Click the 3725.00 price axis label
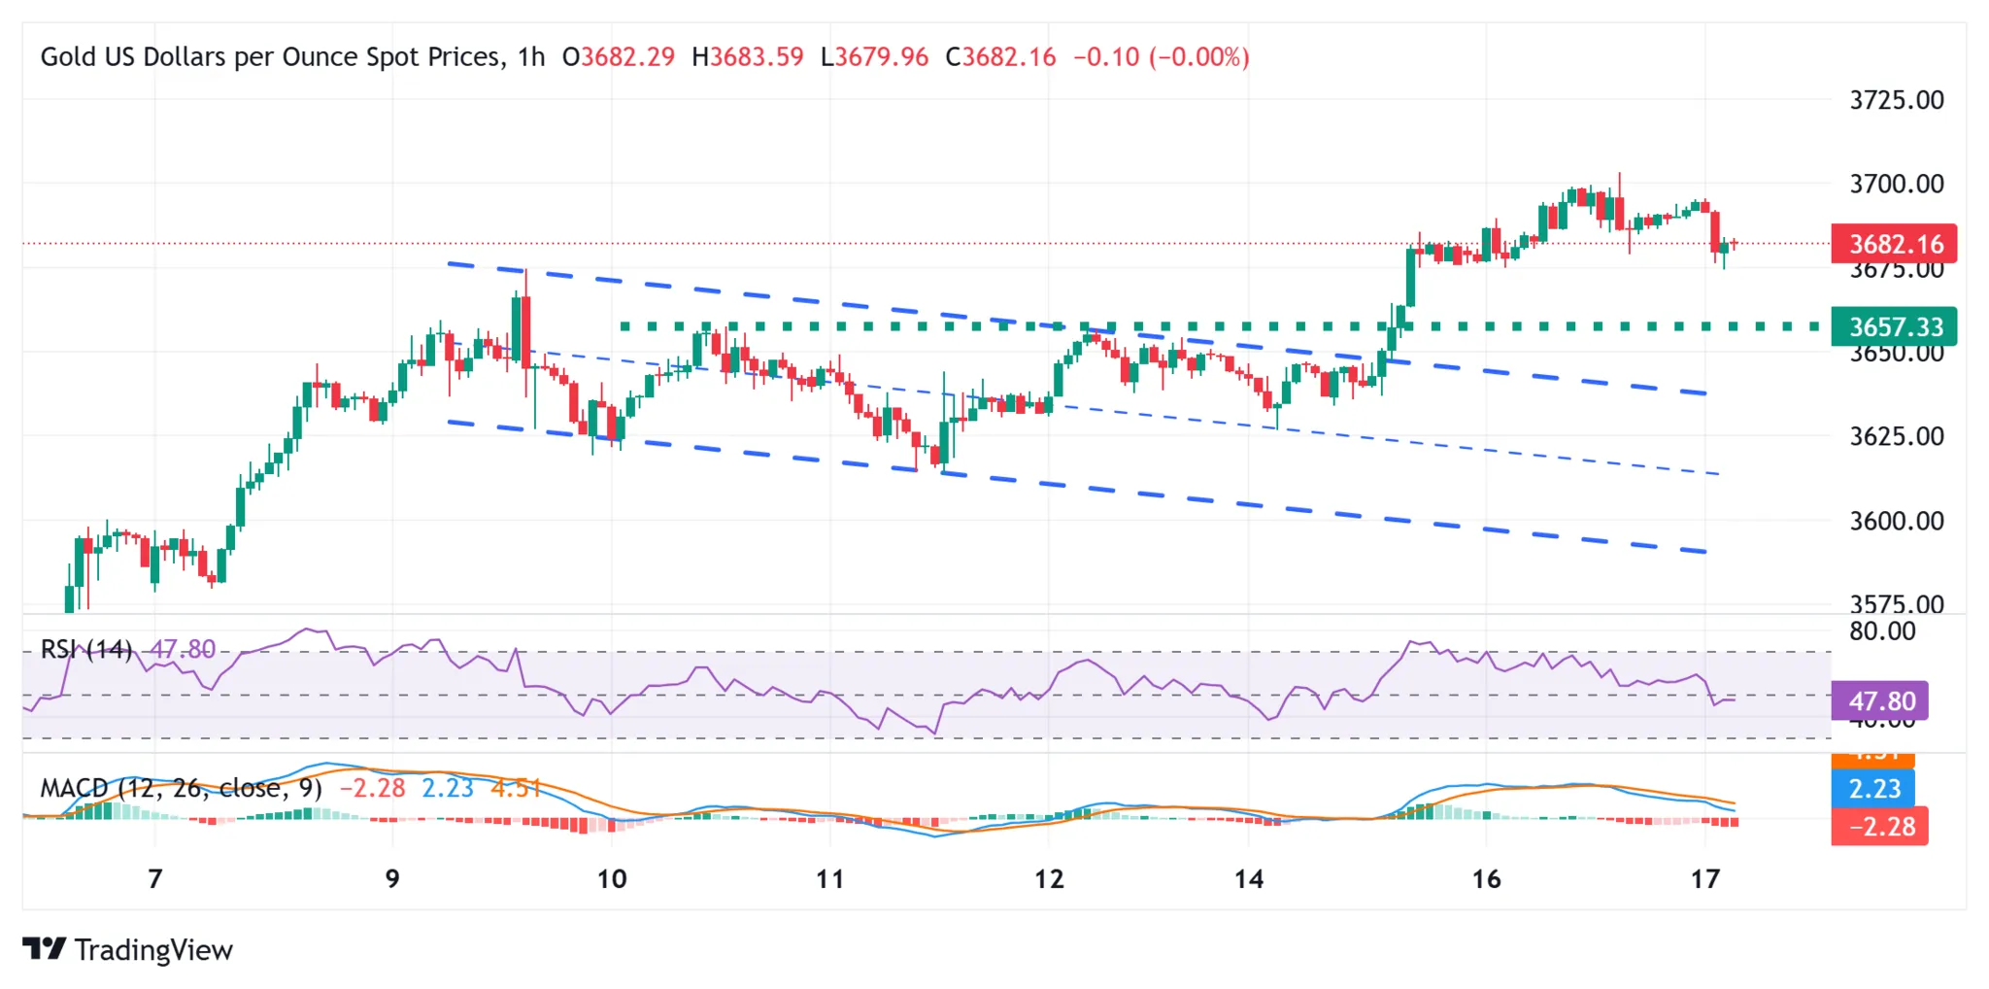click(x=1896, y=100)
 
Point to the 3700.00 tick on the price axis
click(x=1896, y=184)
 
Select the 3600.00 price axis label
click(x=1896, y=521)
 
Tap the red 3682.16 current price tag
click(x=1894, y=244)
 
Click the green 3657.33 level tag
click(x=1894, y=326)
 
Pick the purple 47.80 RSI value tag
click(x=1880, y=700)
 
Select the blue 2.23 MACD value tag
click(x=1873, y=788)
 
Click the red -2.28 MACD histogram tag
click(x=1880, y=827)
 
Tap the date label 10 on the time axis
click(x=611, y=879)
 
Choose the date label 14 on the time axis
click(x=1249, y=879)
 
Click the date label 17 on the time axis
click(x=1704, y=879)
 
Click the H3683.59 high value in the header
click(x=748, y=57)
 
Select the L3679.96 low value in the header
click(x=874, y=57)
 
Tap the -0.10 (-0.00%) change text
click(x=1161, y=57)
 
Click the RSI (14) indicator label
click(x=85, y=649)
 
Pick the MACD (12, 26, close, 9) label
click(x=181, y=788)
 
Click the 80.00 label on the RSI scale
click(x=1881, y=631)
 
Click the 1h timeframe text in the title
click(x=531, y=57)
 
